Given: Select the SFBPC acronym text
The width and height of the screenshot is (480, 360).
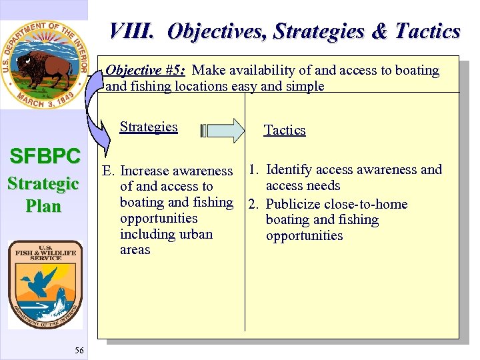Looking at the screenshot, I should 44,157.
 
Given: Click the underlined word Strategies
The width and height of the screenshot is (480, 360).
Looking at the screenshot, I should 149,127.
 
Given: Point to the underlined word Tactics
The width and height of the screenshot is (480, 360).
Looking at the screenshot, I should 285,130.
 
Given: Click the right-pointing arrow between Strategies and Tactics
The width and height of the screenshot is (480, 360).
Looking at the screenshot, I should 223,130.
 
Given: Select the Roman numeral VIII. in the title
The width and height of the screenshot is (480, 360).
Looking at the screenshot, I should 133,31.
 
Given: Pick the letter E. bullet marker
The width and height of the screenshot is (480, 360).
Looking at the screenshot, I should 109,172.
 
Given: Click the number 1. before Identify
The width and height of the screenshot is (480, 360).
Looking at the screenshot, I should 254,169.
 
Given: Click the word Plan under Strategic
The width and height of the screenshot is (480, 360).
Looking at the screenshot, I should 43,206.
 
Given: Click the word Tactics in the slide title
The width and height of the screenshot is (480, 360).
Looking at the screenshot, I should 427,31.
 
